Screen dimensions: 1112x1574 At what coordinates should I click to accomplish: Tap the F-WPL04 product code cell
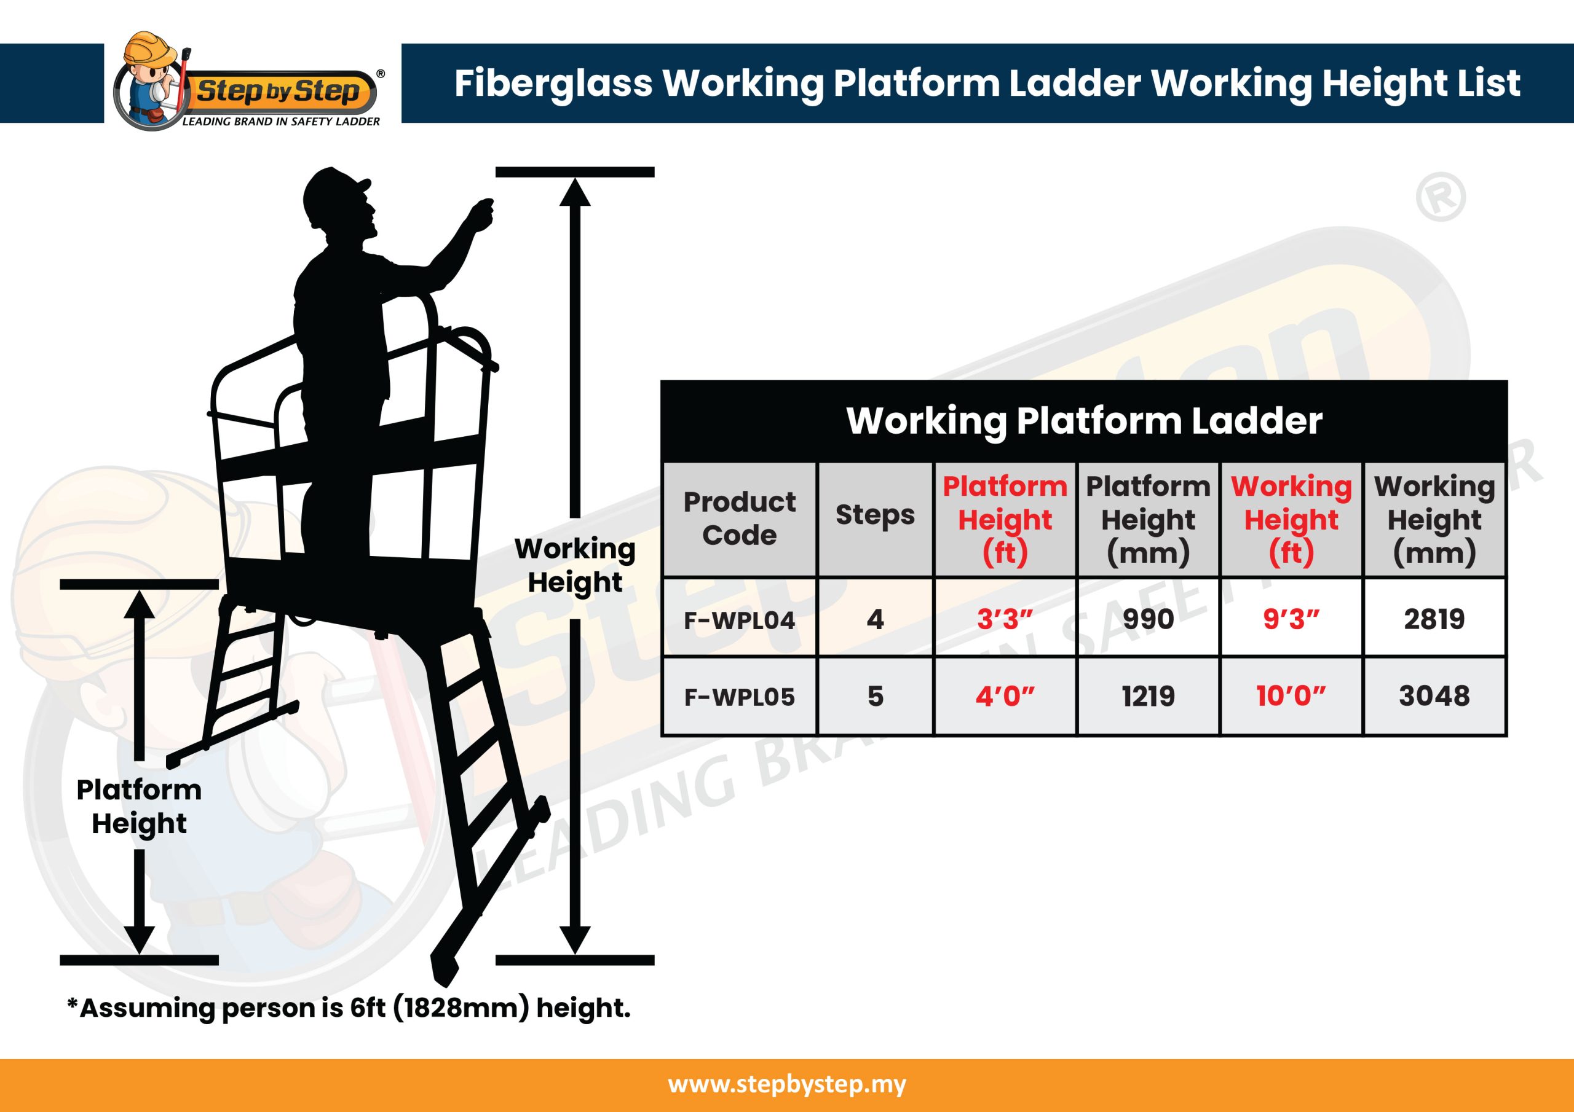pyautogui.click(x=739, y=619)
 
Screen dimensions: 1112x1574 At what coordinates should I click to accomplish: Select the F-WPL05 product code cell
pyautogui.click(x=739, y=697)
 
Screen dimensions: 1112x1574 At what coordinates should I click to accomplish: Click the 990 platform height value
pyautogui.click(x=1147, y=619)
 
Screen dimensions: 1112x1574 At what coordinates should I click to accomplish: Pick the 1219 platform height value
pyautogui.click(x=1147, y=697)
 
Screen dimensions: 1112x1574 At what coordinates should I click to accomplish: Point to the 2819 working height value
pyautogui.click(x=1434, y=619)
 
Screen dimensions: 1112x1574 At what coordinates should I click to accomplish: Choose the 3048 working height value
pyautogui.click(x=1434, y=697)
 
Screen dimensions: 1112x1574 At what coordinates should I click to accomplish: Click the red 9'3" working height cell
pyautogui.click(x=1291, y=619)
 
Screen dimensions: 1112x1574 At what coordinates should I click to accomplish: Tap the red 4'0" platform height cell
pyautogui.click(x=1004, y=697)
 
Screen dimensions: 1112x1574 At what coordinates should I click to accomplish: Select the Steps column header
pyautogui.click(x=875, y=515)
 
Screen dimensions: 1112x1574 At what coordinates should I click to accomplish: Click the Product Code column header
pyautogui.click(x=739, y=519)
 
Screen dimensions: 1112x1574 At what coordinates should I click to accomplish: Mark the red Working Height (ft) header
pyautogui.click(x=1291, y=519)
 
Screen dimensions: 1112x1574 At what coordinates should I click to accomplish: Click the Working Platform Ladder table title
pyautogui.click(x=1084, y=421)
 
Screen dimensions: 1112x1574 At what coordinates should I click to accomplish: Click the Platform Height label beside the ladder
pyautogui.click(x=139, y=807)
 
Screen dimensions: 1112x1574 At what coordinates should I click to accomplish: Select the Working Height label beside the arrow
pyautogui.click(x=574, y=565)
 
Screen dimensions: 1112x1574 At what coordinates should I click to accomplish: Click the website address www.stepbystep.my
pyautogui.click(x=787, y=1084)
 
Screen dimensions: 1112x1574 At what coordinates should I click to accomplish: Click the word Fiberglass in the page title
pyautogui.click(x=553, y=84)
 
